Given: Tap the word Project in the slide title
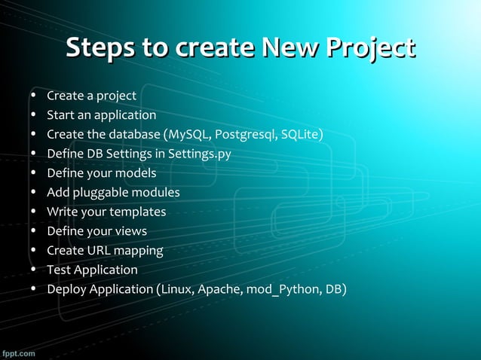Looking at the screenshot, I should tap(369, 47).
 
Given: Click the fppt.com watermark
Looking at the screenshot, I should tap(18, 352).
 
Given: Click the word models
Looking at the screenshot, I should tap(135, 173).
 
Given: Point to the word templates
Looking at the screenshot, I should tap(137, 212).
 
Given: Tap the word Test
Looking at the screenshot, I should tap(59, 270).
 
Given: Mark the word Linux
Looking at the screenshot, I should tap(176, 288).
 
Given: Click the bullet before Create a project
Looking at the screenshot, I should tap(34, 96).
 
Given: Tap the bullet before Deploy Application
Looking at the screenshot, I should tap(34, 289).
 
